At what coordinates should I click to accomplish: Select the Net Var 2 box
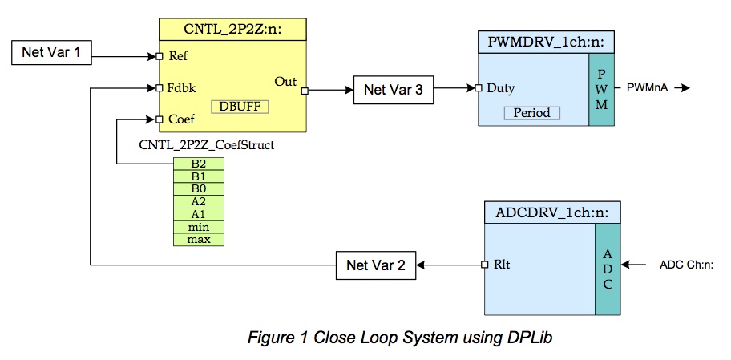tap(375, 265)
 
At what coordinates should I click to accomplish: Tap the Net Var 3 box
tap(394, 90)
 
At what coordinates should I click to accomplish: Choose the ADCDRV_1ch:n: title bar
tap(551, 212)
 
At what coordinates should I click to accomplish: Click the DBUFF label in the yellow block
tap(240, 107)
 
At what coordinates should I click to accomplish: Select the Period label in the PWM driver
tap(532, 113)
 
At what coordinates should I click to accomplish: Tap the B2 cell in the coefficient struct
tap(198, 163)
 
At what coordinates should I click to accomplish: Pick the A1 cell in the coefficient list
tap(198, 214)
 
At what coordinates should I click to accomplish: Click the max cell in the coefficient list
tap(198, 240)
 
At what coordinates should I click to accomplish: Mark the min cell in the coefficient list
tap(198, 227)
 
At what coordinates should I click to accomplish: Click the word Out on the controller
tap(285, 80)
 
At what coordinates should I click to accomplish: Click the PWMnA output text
tap(648, 87)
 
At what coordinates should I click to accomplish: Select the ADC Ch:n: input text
tap(686, 265)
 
